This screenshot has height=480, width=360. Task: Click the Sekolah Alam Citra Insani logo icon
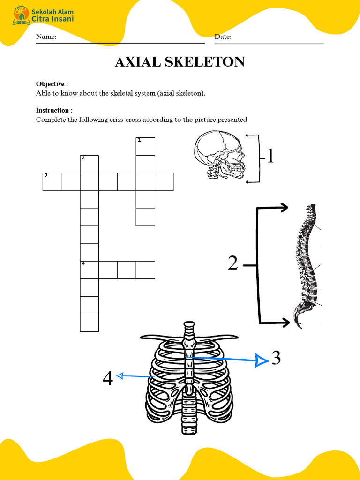(21, 15)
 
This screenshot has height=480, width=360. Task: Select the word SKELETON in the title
(205, 62)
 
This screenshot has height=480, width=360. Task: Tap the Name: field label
(46, 37)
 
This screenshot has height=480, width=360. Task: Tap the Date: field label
(223, 37)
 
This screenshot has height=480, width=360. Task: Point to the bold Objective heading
(52, 84)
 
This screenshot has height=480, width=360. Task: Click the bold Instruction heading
(54, 110)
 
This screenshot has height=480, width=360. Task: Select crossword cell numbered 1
(145, 146)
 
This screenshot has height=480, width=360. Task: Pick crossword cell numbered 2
(90, 164)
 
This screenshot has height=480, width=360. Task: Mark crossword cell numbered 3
(52, 182)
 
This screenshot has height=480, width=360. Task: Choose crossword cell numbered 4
(90, 270)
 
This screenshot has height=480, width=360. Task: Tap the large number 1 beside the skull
(270, 156)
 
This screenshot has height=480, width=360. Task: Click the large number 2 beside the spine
(233, 264)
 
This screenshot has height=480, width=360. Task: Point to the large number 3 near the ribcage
(276, 358)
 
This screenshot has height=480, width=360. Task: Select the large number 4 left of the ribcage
(108, 378)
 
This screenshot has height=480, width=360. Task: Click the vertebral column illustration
(307, 265)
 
